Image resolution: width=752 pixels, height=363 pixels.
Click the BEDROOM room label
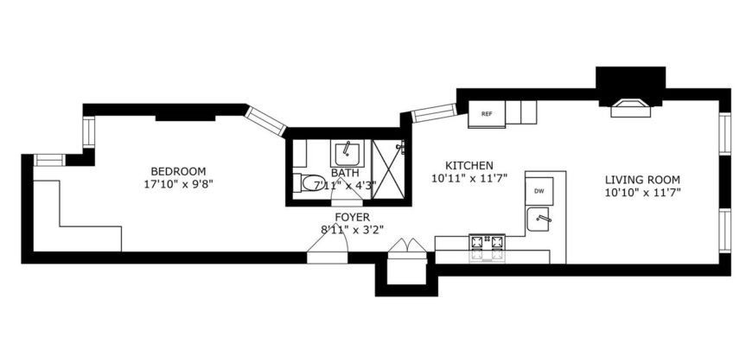click(x=178, y=170)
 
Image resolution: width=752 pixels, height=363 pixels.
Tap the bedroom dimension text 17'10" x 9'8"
click(x=178, y=184)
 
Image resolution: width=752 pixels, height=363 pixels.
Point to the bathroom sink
click(x=347, y=154)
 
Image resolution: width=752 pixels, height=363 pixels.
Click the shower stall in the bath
click(x=389, y=169)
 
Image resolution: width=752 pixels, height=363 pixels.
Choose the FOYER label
click(x=353, y=217)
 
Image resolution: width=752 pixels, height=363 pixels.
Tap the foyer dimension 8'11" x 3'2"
click(x=353, y=229)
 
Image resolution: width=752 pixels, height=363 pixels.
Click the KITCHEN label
click(x=468, y=165)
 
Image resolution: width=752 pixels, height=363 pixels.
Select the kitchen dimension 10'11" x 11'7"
click(x=468, y=178)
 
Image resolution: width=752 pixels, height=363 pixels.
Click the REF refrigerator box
click(x=486, y=113)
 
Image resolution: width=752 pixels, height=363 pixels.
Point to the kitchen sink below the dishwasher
click(x=542, y=220)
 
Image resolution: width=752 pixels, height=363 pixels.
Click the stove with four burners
click(x=487, y=248)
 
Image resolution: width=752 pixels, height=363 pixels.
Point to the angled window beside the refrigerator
click(x=433, y=112)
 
